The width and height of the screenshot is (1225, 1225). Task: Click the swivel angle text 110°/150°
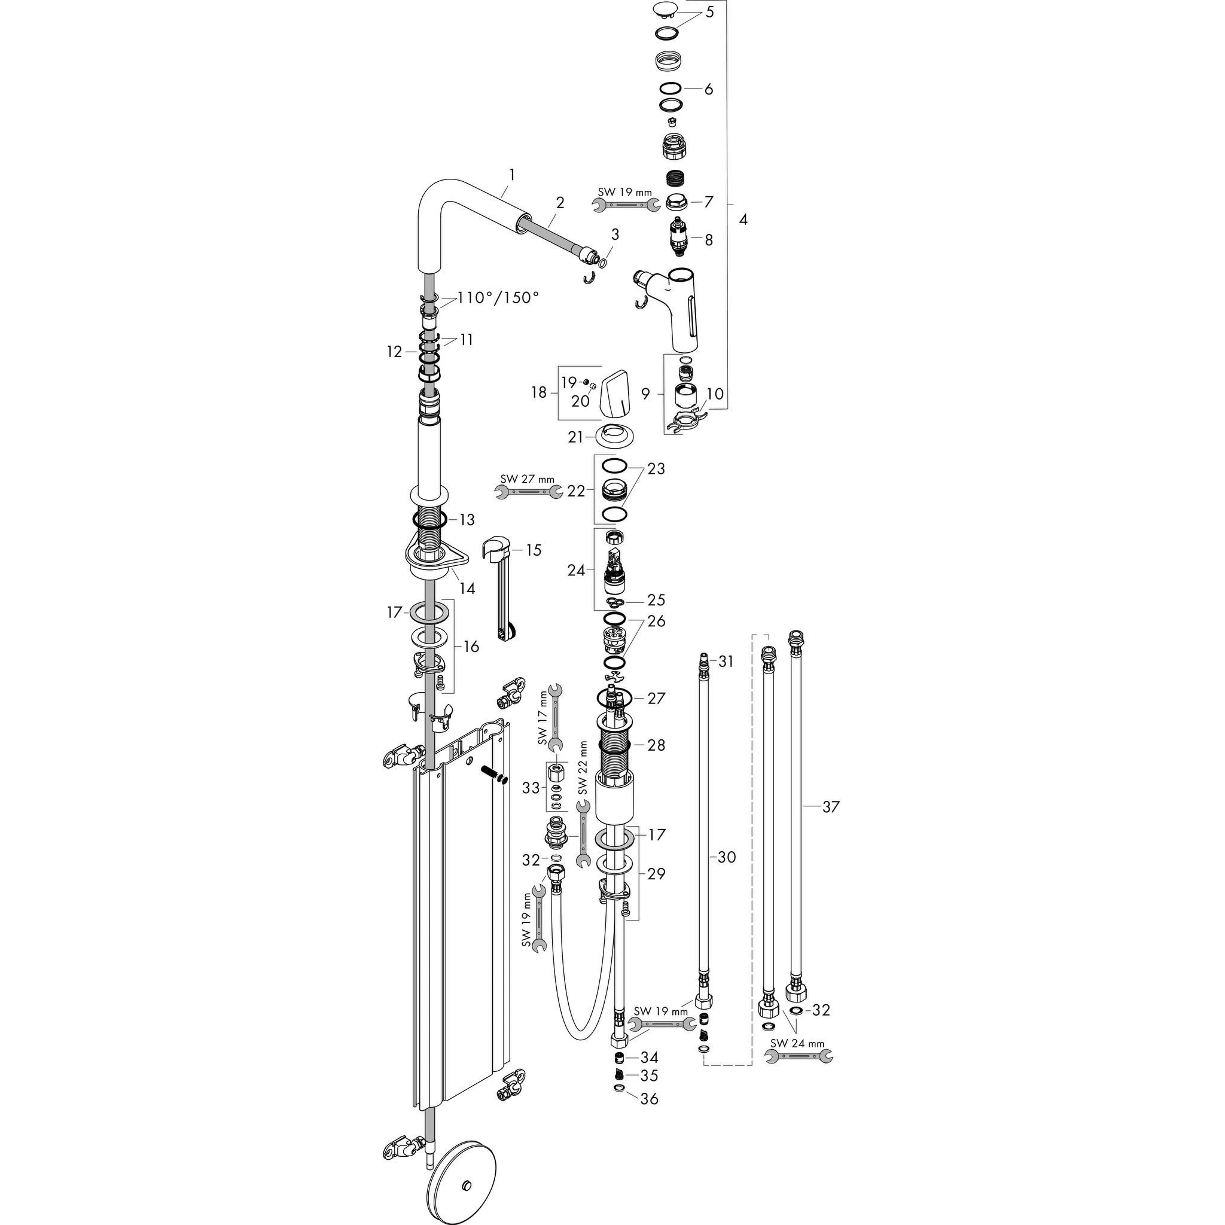tap(498, 297)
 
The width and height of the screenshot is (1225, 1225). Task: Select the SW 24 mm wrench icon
tap(799, 1056)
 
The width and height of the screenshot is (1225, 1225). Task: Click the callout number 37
tap(831, 806)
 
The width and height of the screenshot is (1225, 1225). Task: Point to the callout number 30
tap(727, 857)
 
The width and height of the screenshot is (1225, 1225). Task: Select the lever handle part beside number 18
tap(614, 397)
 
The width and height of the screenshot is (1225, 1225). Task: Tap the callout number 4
tap(743, 220)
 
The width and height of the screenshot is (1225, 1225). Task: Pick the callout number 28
tap(656, 745)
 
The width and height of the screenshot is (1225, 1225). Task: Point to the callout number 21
tap(576, 437)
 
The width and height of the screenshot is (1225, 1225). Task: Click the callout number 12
tap(394, 351)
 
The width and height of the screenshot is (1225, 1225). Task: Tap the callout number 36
tap(649, 1098)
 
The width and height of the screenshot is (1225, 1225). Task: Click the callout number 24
tap(576, 571)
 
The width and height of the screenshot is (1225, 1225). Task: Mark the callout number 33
tap(531, 788)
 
